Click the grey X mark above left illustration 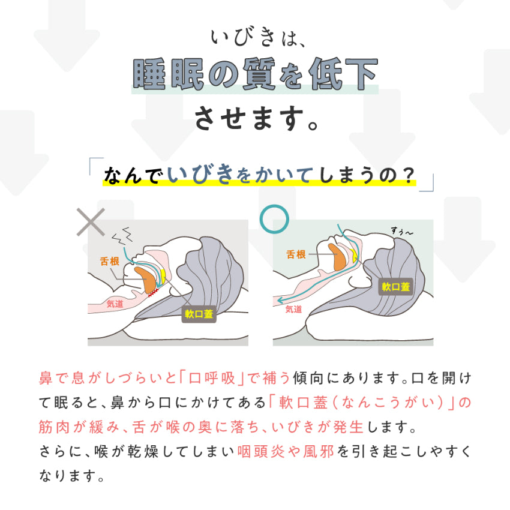tap(91, 223)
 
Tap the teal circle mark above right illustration tap(275, 220)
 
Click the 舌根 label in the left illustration tap(110, 261)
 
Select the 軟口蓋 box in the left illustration tap(199, 313)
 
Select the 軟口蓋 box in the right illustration tap(396, 286)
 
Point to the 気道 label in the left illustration tap(115, 304)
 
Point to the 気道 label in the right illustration tap(293, 310)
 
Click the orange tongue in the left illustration tap(146, 278)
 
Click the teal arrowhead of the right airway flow tap(278, 300)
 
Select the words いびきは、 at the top tap(254, 38)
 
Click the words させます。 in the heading tap(254, 118)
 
